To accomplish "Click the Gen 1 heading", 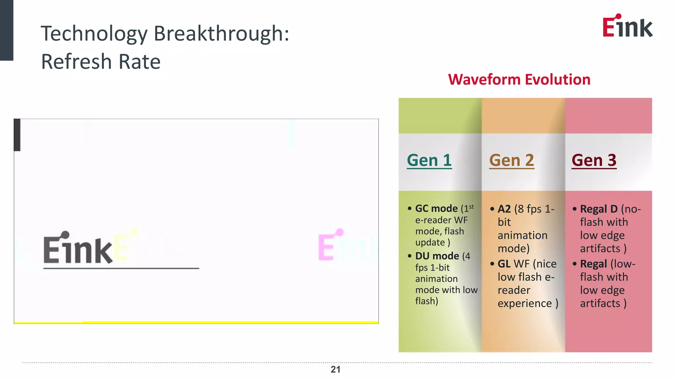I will click(429, 161).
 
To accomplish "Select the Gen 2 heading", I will click(512, 161).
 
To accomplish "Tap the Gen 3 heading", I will click(594, 161).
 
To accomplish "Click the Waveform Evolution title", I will click(519, 79).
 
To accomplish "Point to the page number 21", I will click(335, 369).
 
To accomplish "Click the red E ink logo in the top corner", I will click(627, 26).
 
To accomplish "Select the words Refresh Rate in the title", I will click(101, 62).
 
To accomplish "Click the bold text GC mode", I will click(436, 208).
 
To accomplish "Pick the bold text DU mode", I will click(437, 256).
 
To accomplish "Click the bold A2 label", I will click(504, 209).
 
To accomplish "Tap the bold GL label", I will click(504, 264).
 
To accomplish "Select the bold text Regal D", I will click(599, 209).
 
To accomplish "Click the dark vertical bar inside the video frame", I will click(17, 135).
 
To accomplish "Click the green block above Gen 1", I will click(440, 115).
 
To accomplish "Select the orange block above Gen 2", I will click(523, 115).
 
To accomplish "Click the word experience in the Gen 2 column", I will click(524, 303).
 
